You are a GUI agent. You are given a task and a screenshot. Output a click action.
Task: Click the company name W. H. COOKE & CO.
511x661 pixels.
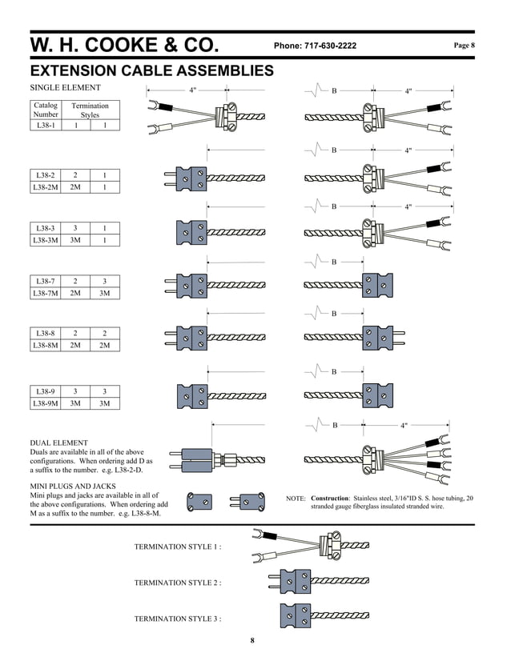pos(133,45)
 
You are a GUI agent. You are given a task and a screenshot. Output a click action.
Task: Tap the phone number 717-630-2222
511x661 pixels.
pos(315,46)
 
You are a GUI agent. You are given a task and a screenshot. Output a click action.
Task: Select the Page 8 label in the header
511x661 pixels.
pos(465,46)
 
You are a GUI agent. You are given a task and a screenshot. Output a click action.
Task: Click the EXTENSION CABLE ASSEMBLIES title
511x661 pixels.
pos(151,71)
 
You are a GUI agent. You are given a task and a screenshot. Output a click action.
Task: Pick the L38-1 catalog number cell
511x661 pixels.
pos(46,125)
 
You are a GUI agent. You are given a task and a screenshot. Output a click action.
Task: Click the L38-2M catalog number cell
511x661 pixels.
pos(46,187)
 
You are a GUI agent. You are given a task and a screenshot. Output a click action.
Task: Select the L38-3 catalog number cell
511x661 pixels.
pos(46,227)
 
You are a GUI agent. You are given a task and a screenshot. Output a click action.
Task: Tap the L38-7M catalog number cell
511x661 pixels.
pos(46,294)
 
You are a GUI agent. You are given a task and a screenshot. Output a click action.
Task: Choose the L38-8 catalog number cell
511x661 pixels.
pos(46,333)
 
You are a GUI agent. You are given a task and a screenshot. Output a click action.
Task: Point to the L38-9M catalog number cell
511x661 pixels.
pos(46,403)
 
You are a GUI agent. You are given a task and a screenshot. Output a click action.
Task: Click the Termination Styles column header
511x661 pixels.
pos(90,110)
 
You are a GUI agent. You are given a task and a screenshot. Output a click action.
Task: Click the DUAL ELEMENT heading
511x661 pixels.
pos(58,443)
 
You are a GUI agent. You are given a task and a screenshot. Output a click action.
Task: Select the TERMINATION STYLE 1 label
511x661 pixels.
pos(177,547)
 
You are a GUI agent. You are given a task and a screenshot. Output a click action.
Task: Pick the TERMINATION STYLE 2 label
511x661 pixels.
pos(177,583)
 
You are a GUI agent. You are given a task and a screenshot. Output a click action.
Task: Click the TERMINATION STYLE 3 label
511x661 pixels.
pos(177,619)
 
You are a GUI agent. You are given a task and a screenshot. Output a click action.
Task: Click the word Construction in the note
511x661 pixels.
pos(329,498)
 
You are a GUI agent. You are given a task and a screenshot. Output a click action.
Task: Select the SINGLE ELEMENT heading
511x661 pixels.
pos(65,87)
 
